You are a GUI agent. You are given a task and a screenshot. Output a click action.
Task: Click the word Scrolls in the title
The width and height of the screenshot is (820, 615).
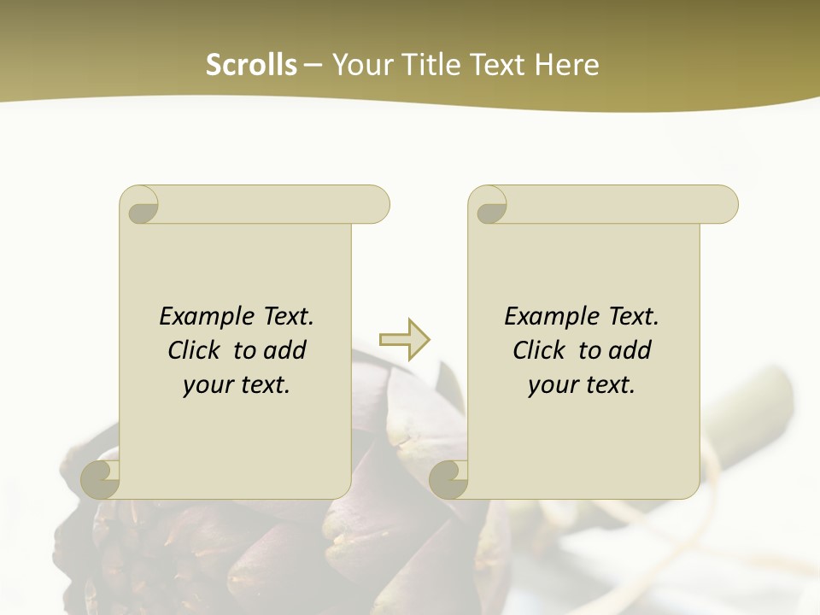click(x=251, y=65)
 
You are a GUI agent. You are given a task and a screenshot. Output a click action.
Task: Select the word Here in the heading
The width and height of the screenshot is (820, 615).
click(x=567, y=65)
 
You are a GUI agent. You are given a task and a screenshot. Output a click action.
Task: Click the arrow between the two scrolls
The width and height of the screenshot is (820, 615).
click(x=405, y=340)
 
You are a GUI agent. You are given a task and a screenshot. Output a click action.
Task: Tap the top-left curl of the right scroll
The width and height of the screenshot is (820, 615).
click(x=490, y=206)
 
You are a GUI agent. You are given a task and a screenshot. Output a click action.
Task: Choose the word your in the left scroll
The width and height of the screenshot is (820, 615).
click(x=207, y=386)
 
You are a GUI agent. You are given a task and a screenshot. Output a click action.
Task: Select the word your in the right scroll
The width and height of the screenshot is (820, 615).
click(x=552, y=386)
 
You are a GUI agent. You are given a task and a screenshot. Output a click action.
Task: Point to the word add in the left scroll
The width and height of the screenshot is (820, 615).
click(x=285, y=351)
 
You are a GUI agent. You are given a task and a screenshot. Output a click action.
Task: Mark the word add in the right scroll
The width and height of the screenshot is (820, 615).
click(x=630, y=351)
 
